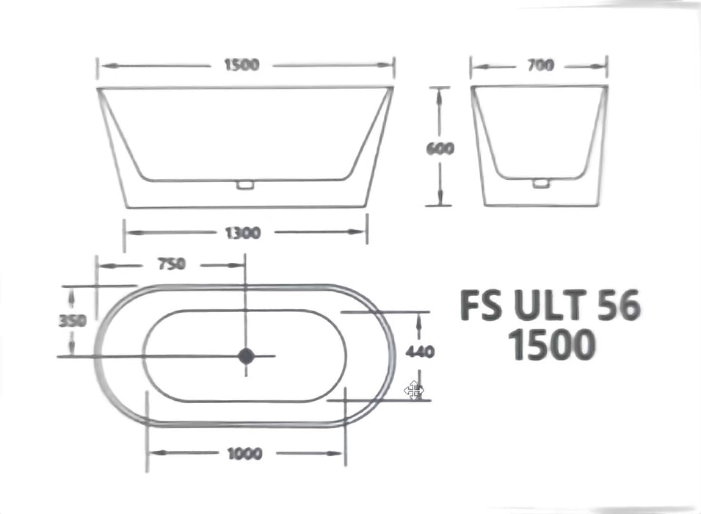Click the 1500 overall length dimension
click(x=241, y=65)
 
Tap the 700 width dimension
click(x=540, y=65)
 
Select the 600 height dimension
click(x=440, y=148)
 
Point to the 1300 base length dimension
click(x=242, y=233)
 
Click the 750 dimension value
click(x=170, y=264)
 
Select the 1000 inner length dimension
click(x=244, y=454)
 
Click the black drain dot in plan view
click(x=245, y=356)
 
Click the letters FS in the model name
click(x=482, y=305)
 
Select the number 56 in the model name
click(x=618, y=305)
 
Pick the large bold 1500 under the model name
click(x=551, y=345)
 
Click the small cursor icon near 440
click(x=414, y=391)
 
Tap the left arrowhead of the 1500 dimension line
click(x=103, y=65)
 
